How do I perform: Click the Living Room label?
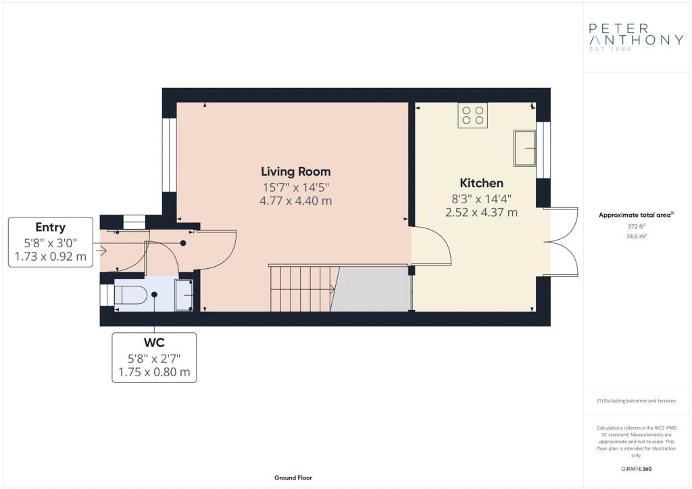point(297,171)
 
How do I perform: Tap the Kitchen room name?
point(481,183)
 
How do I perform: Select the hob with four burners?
point(473,115)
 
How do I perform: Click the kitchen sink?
point(524,148)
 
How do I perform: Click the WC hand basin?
point(184,295)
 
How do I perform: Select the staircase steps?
point(301,288)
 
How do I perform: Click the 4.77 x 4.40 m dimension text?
point(297,201)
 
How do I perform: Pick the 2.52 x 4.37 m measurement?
point(481,212)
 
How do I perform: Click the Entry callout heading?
point(51,227)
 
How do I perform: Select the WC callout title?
point(154,342)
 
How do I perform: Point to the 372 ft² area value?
point(636,226)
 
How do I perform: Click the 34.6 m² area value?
point(636,238)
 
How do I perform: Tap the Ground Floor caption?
point(293,478)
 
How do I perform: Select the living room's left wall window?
point(170,155)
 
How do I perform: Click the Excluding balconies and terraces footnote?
point(636,401)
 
